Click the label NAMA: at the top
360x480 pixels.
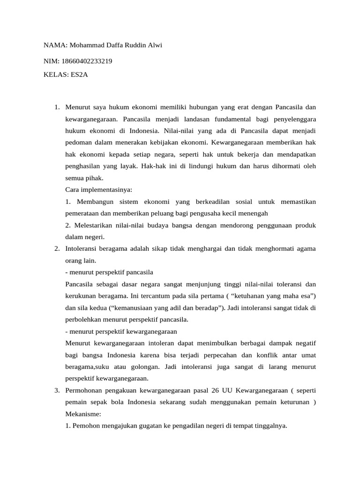tap(55, 45)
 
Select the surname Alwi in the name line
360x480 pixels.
tap(156, 45)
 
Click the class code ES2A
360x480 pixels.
tap(79, 75)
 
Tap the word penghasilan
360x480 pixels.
tap(83, 166)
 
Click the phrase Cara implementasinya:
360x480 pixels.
tap(99, 190)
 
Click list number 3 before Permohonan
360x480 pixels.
tap(56, 390)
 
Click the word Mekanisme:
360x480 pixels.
tap(83, 414)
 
